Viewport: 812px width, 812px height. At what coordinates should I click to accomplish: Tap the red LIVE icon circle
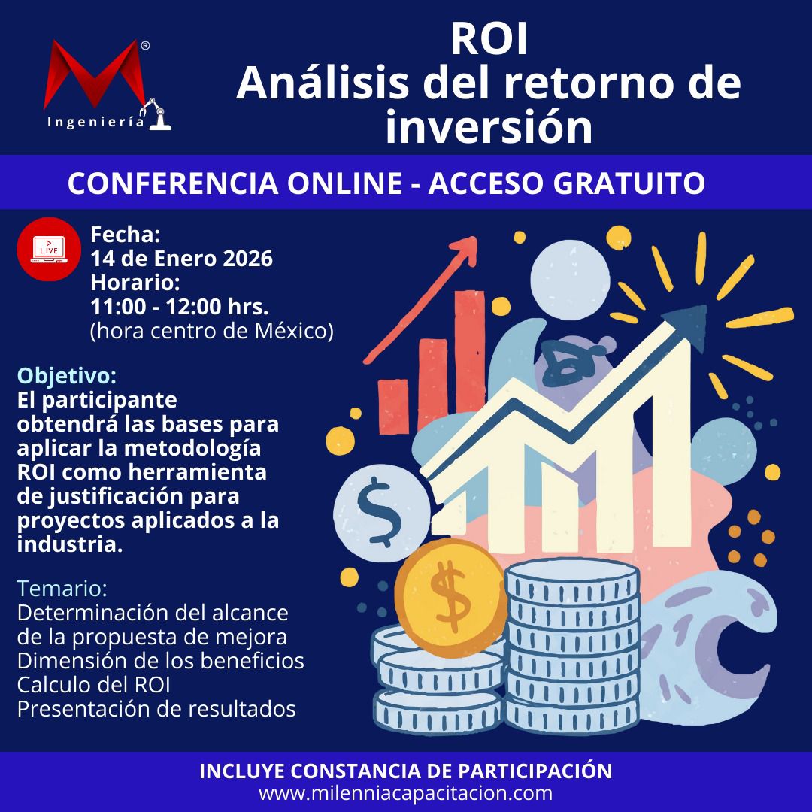49,249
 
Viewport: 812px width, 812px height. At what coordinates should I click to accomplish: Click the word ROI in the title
489,39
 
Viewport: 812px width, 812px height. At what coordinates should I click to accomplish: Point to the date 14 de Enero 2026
182,259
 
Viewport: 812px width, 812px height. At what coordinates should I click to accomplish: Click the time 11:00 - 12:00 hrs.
180,307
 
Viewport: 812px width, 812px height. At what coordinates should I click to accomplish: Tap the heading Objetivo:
67,376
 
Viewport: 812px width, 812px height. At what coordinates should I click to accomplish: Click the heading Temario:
62,588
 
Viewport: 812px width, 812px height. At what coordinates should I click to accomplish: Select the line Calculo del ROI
94,685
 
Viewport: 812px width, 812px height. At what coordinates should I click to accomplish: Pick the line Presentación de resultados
156,709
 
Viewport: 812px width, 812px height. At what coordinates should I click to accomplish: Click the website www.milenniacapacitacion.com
406,793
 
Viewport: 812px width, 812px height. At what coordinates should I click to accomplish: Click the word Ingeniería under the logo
95,123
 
